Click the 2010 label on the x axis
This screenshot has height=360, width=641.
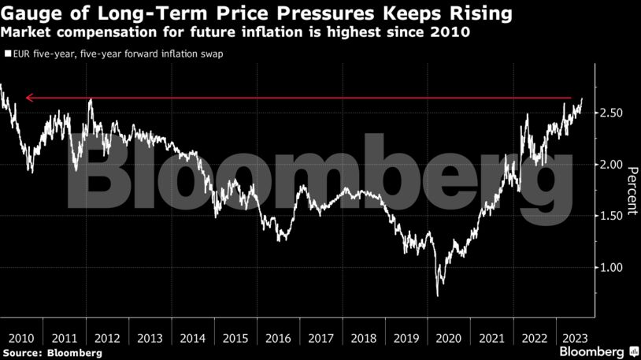(21, 338)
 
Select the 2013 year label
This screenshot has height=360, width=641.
(150, 338)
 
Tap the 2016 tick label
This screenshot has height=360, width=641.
(278, 338)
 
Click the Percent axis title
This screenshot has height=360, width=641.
(632, 189)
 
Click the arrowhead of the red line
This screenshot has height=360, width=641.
(28, 98)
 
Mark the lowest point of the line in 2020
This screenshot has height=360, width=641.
(437, 295)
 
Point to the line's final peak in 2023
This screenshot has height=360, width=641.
(581, 99)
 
